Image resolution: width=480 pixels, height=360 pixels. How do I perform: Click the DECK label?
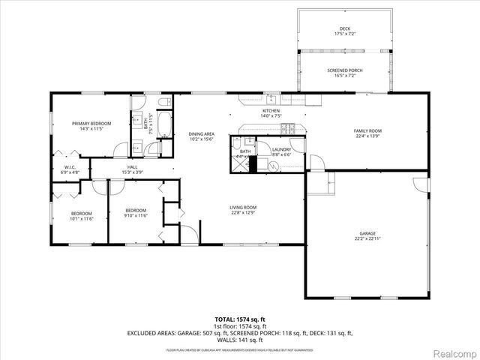(x=344, y=29)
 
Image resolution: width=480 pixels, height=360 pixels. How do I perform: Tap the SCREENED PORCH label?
(x=345, y=70)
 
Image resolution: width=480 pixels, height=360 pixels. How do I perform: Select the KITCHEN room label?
(x=270, y=110)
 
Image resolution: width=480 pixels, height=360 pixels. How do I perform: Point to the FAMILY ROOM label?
(x=368, y=130)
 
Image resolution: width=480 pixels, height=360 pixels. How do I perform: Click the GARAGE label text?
(x=367, y=233)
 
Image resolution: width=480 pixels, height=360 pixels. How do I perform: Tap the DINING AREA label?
(x=201, y=133)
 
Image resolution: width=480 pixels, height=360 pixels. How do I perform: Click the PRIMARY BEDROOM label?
(x=91, y=123)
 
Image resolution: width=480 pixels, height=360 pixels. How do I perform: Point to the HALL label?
(x=132, y=166)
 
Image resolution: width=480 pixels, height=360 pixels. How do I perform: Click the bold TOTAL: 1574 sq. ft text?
(x=240, y=319)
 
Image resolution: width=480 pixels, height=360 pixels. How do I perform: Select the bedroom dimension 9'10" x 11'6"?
(x=136, y=215)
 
